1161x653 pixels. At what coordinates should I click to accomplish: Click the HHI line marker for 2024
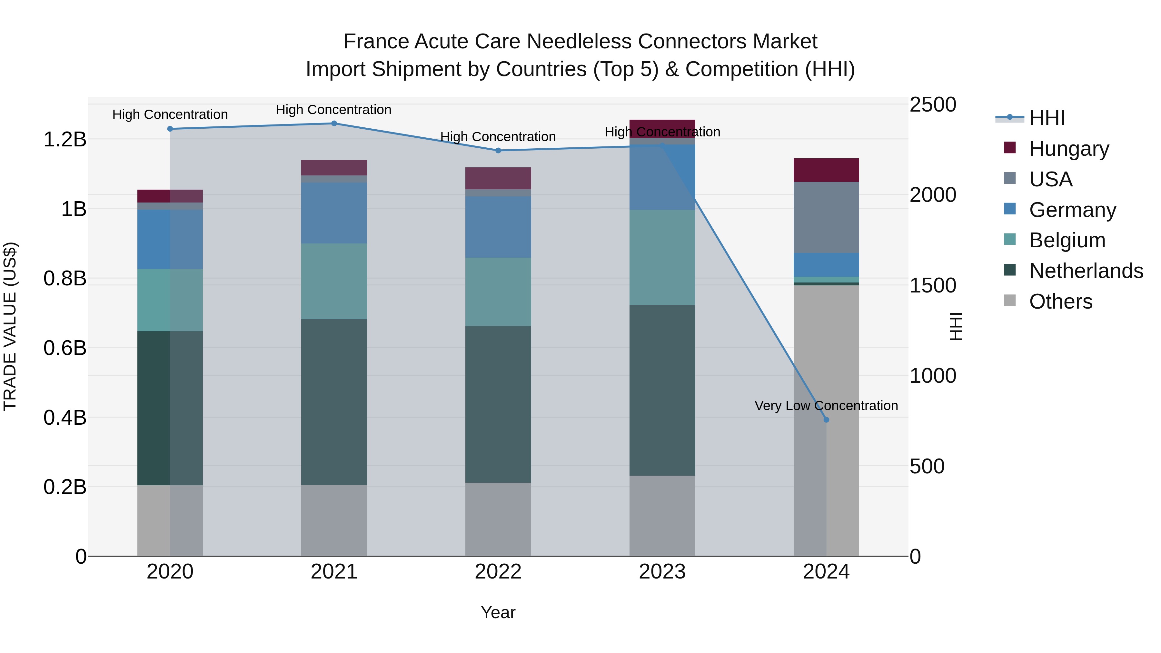(826, 420)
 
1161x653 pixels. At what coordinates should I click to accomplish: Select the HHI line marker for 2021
(334, 124)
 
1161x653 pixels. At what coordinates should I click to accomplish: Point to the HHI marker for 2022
(498, 151)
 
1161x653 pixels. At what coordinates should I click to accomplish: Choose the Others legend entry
(1060, 302)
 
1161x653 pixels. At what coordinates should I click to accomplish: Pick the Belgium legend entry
(1067, 240)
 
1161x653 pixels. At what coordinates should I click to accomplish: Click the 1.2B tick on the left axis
(64, 140)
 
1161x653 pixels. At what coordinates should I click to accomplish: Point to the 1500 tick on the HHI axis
(932, 285)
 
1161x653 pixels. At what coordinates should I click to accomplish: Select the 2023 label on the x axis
(662, 572)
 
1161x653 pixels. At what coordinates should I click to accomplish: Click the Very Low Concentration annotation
(826, 406)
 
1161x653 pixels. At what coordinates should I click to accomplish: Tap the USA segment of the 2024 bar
(826, 217)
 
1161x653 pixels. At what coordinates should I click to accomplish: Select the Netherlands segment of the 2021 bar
(334, 402)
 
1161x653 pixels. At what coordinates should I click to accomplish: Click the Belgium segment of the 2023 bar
(662, 257)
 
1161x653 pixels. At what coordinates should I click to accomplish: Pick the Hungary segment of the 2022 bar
(498, 178)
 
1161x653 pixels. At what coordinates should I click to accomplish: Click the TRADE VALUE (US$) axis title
(10, 326)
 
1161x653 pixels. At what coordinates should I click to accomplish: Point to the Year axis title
(498, 612)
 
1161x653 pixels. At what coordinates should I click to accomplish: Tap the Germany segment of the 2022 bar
(498, 227)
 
